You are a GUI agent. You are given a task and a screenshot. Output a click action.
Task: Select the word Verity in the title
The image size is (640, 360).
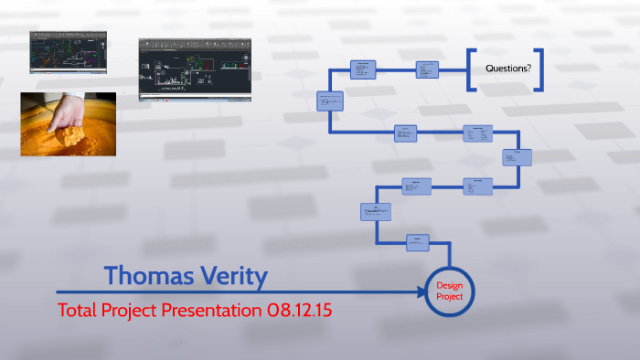click(232, 274)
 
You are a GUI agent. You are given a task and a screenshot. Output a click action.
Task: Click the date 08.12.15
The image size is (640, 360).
click(298, 310)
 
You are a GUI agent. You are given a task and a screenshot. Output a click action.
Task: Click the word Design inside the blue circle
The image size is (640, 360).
click(449, 284)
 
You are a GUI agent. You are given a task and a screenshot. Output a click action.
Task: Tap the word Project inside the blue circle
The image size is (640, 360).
click(449, 296)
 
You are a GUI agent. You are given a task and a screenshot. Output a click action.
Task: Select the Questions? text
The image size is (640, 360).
click(507, 69)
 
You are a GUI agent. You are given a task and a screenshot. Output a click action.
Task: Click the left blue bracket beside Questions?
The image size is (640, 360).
click(470, 69)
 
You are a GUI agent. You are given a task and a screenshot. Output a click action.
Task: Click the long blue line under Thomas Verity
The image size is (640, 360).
click(229, 291)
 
